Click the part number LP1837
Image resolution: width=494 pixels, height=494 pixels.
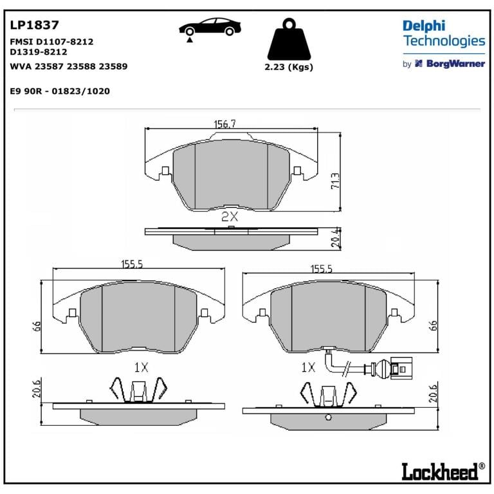(34, 25)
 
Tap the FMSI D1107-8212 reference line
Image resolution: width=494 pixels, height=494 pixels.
(51, 42)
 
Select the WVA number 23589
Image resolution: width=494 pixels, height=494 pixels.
(113, 66)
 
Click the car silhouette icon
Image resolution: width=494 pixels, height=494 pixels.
(210, 27)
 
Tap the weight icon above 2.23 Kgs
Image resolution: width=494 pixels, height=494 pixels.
(289, 39)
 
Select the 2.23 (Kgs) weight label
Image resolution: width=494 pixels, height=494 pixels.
(289, 67)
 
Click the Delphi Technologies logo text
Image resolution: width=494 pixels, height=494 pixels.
(444, 33)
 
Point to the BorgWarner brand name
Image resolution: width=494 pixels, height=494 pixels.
(455, 64)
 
